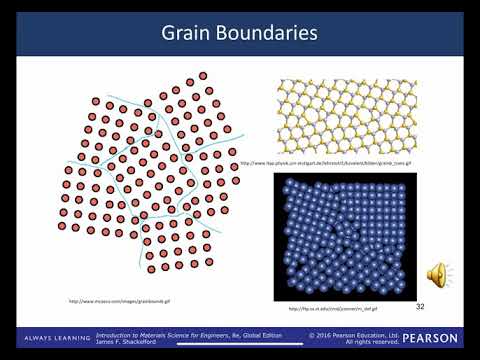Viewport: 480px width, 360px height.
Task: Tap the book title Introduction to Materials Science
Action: [151, 335]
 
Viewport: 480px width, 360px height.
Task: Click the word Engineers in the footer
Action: [211, 335]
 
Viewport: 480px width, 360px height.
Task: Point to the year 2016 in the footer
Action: [325, 335]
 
